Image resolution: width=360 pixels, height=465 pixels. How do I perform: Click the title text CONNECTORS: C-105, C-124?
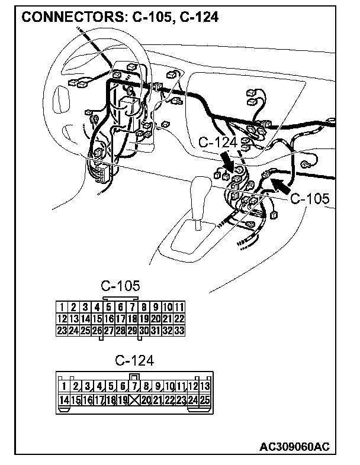[x=120, y=18]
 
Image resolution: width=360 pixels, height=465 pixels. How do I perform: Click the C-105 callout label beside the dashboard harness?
[x=309, y=199]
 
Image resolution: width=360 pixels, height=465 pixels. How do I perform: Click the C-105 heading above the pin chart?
[x=120, y=286]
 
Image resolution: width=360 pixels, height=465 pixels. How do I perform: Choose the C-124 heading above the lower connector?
[x=134, y=360]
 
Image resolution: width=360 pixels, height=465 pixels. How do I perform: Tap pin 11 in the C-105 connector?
[x=179, y=307]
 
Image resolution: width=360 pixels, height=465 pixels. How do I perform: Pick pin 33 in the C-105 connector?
[x=179, y=331]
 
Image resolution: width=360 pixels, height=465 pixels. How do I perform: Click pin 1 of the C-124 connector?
[x=76, y=387]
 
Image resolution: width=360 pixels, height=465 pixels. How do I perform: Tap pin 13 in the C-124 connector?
[x=205, y=387]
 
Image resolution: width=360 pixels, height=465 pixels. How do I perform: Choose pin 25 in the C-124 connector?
[x=205, y=401]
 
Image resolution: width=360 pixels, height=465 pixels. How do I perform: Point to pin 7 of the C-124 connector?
[x=135, y=387]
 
